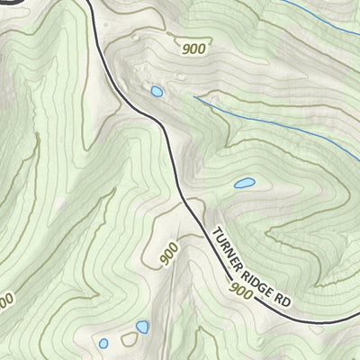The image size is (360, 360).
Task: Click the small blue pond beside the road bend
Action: pos(156,91)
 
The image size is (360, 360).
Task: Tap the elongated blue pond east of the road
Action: pos(244,184)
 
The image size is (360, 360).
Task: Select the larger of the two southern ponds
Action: pos(141,327)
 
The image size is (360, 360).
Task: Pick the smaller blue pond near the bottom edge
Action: pos(103,343)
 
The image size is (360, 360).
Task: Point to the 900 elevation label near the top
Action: pos(192,49)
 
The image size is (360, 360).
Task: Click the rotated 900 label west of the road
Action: pos(169,255)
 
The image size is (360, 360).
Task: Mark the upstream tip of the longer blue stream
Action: pos(195,99)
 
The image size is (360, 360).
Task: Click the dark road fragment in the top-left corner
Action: pos(7,3)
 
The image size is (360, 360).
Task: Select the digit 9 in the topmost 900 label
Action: pos(184,49)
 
